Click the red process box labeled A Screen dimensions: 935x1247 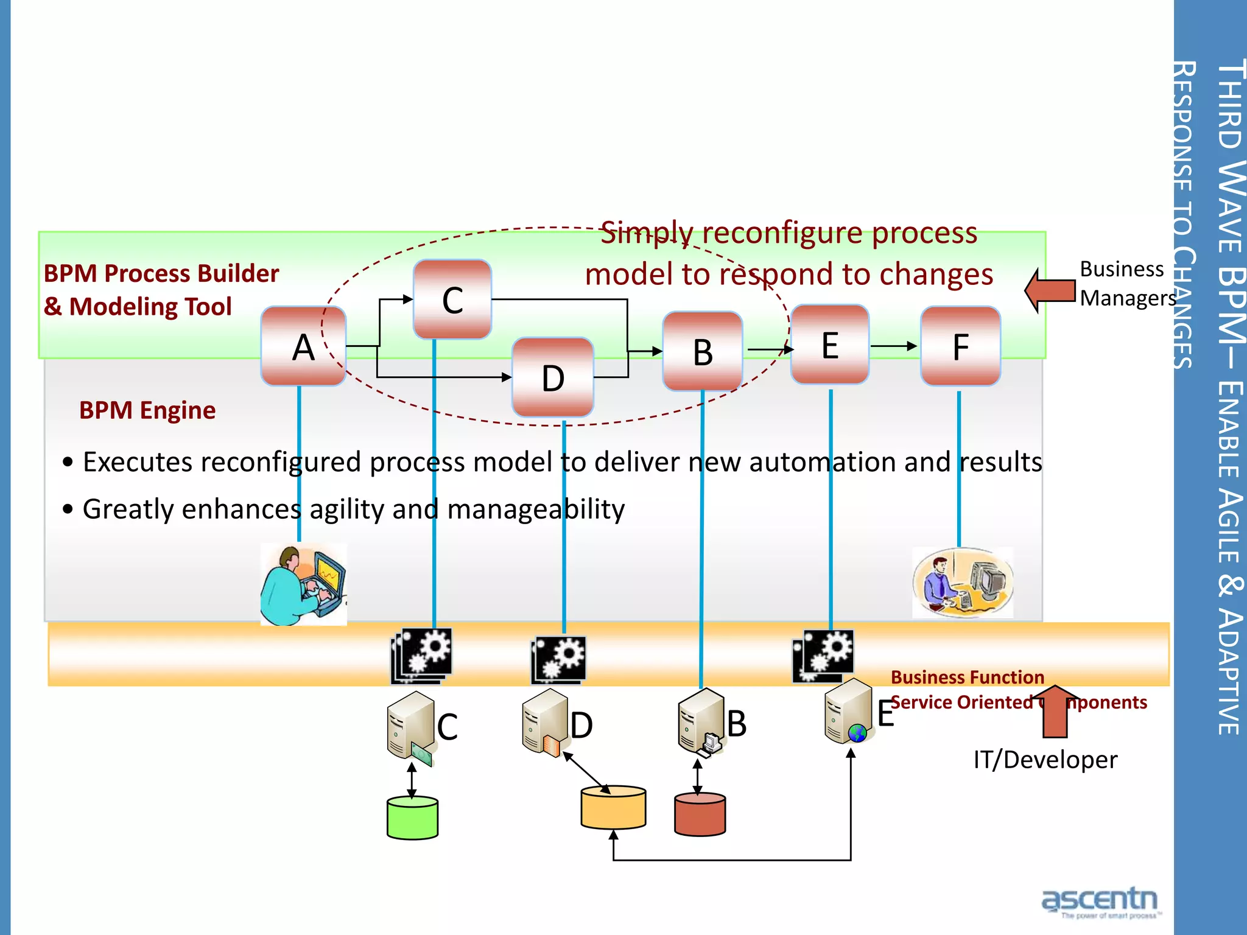[303, 346]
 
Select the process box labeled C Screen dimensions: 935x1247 [452, 299]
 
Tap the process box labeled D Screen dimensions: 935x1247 [552, 377]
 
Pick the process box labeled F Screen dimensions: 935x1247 [960, 346]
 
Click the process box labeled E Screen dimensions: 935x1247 [829, 345]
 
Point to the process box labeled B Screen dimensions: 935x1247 [702, 351]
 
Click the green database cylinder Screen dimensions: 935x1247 [412, 818]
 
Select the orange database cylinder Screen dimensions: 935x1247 [613, 808]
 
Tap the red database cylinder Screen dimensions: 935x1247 [700, 814]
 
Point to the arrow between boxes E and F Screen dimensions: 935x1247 [894, 346]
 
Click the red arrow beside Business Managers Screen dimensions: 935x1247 [1050, 290]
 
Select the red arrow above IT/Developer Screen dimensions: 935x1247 [1055, 711]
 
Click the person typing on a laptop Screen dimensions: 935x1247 [303, 584]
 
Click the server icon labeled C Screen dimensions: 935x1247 [409, 726]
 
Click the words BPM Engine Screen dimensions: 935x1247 [147, 410]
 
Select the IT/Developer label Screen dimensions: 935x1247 [1045, 760]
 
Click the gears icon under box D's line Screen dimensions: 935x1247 [558, 660]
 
